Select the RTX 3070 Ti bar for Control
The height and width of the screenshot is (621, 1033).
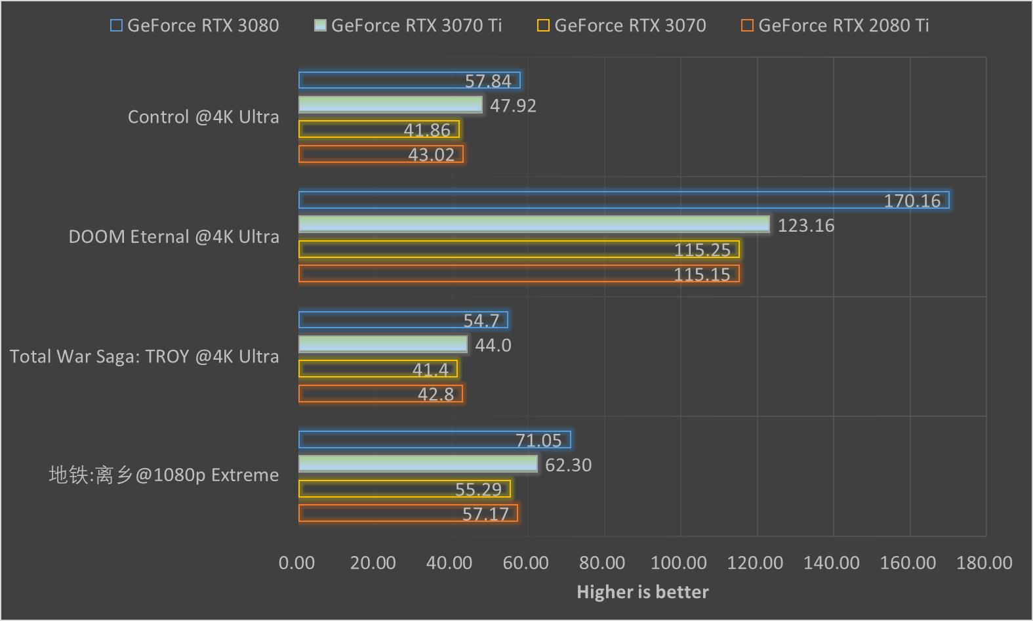click(390, 105)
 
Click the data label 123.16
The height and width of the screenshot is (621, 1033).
click(806, 225)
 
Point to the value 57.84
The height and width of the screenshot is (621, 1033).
click(488, 81)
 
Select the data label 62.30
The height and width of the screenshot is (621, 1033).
click(568, 465)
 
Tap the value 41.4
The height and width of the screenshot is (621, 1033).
click(430, 370)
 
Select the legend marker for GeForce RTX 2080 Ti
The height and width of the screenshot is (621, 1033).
click(747, 26)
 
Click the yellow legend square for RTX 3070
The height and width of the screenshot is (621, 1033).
click(543, 26)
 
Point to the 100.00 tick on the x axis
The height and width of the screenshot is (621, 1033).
click(679, 563)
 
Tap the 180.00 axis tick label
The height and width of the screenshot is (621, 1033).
click(984, 563)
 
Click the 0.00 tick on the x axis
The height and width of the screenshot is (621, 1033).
click(296, 563)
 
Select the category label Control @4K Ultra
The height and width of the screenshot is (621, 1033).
click(203, 117)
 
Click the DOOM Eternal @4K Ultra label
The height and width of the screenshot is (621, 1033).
click(174, 236)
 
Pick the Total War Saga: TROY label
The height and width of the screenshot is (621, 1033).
click(144, 356)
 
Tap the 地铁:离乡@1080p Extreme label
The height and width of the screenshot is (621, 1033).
click(164, 475)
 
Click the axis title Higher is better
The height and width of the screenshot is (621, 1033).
click(642, 592)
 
